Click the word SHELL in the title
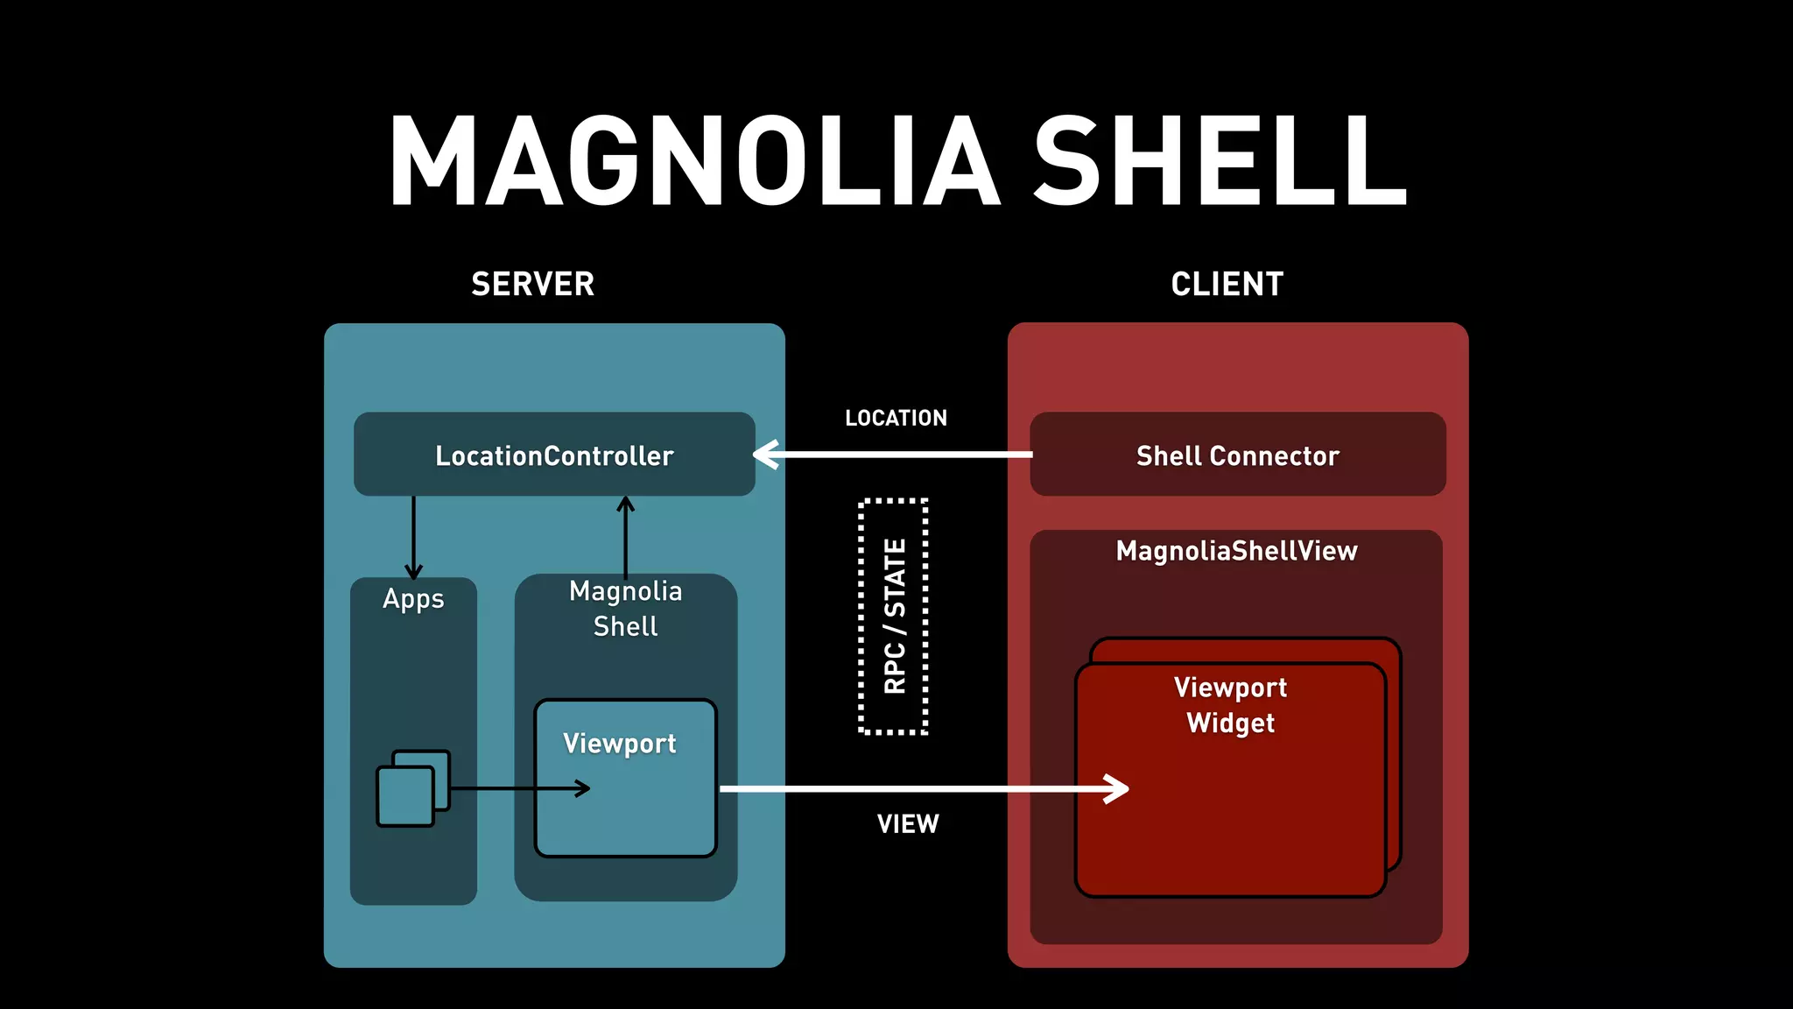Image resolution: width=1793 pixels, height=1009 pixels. pyautogui.click(x=1220, y=162)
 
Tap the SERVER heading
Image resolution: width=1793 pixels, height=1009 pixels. pyautogui.click(x=532, y=284)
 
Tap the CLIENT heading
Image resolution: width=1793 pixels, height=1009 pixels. pyautogui.click(x=1227, y=284)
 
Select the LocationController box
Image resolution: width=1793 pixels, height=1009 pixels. pyautogui.click(x=554, y=455)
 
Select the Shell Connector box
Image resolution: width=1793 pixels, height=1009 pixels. pyautogui.click(x=1237, y=455)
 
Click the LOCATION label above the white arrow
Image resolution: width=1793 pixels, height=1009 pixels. pyautogui.click(x=896, y=418)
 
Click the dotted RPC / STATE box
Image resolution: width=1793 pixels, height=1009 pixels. pyautogui.click(x=893, y=616)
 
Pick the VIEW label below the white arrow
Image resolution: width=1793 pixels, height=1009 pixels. pyautogui.click(x=908, y=823)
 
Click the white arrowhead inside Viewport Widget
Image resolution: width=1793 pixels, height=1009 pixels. pyautogui.click(x=1117, y=789)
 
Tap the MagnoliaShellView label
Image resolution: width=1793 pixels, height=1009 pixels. pyautogui.click(x=1236, y=551)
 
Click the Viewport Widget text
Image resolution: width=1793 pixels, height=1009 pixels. pyautogui.click(x=1230, y=704)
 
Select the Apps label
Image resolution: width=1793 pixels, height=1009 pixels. pyautogui.click(x=413, y=599)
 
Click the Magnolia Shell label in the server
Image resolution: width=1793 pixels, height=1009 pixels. pyautogui.click(x=625, y=609)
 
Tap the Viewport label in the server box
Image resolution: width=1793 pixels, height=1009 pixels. pyautogui.click(x=619, y=744)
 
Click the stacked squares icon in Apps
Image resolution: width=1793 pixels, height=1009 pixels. pyautogui.click(x=412, y=787)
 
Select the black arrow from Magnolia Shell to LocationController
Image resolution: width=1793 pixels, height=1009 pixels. pyautogui.click(x=625, y=536)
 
